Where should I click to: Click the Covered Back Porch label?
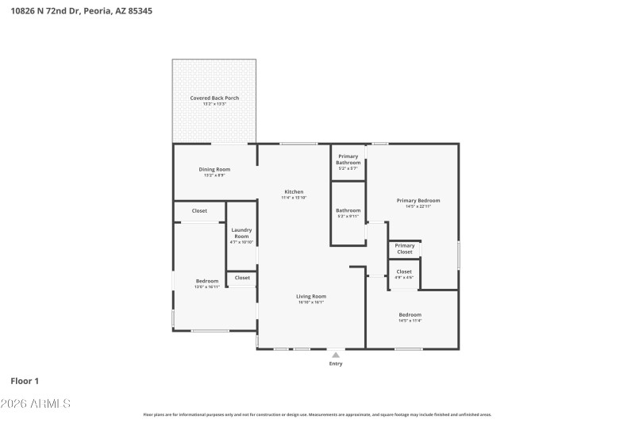coord(214,98)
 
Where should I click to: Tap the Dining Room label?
coord(214,169)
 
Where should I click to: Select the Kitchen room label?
coord(294,191)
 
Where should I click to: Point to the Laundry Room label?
coord(241,233)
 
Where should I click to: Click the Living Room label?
coord(311,296)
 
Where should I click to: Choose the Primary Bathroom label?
coord(348,159)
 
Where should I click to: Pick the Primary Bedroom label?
coord(418,200)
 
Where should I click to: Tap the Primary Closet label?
coord(405,248)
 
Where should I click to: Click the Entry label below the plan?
coord(337,363)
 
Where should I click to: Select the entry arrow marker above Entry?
coord(337,354)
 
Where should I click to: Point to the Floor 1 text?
coord(25,381)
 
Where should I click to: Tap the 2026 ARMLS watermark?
coord(35,404)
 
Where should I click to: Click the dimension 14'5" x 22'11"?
coord(418,206)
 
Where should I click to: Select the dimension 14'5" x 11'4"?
coord(410,321)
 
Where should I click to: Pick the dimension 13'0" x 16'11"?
coord(207,286)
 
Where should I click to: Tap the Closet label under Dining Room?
coord(199,210)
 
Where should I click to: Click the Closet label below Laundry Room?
coord(242,278)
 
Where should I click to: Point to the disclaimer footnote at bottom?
coord(317,414)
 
